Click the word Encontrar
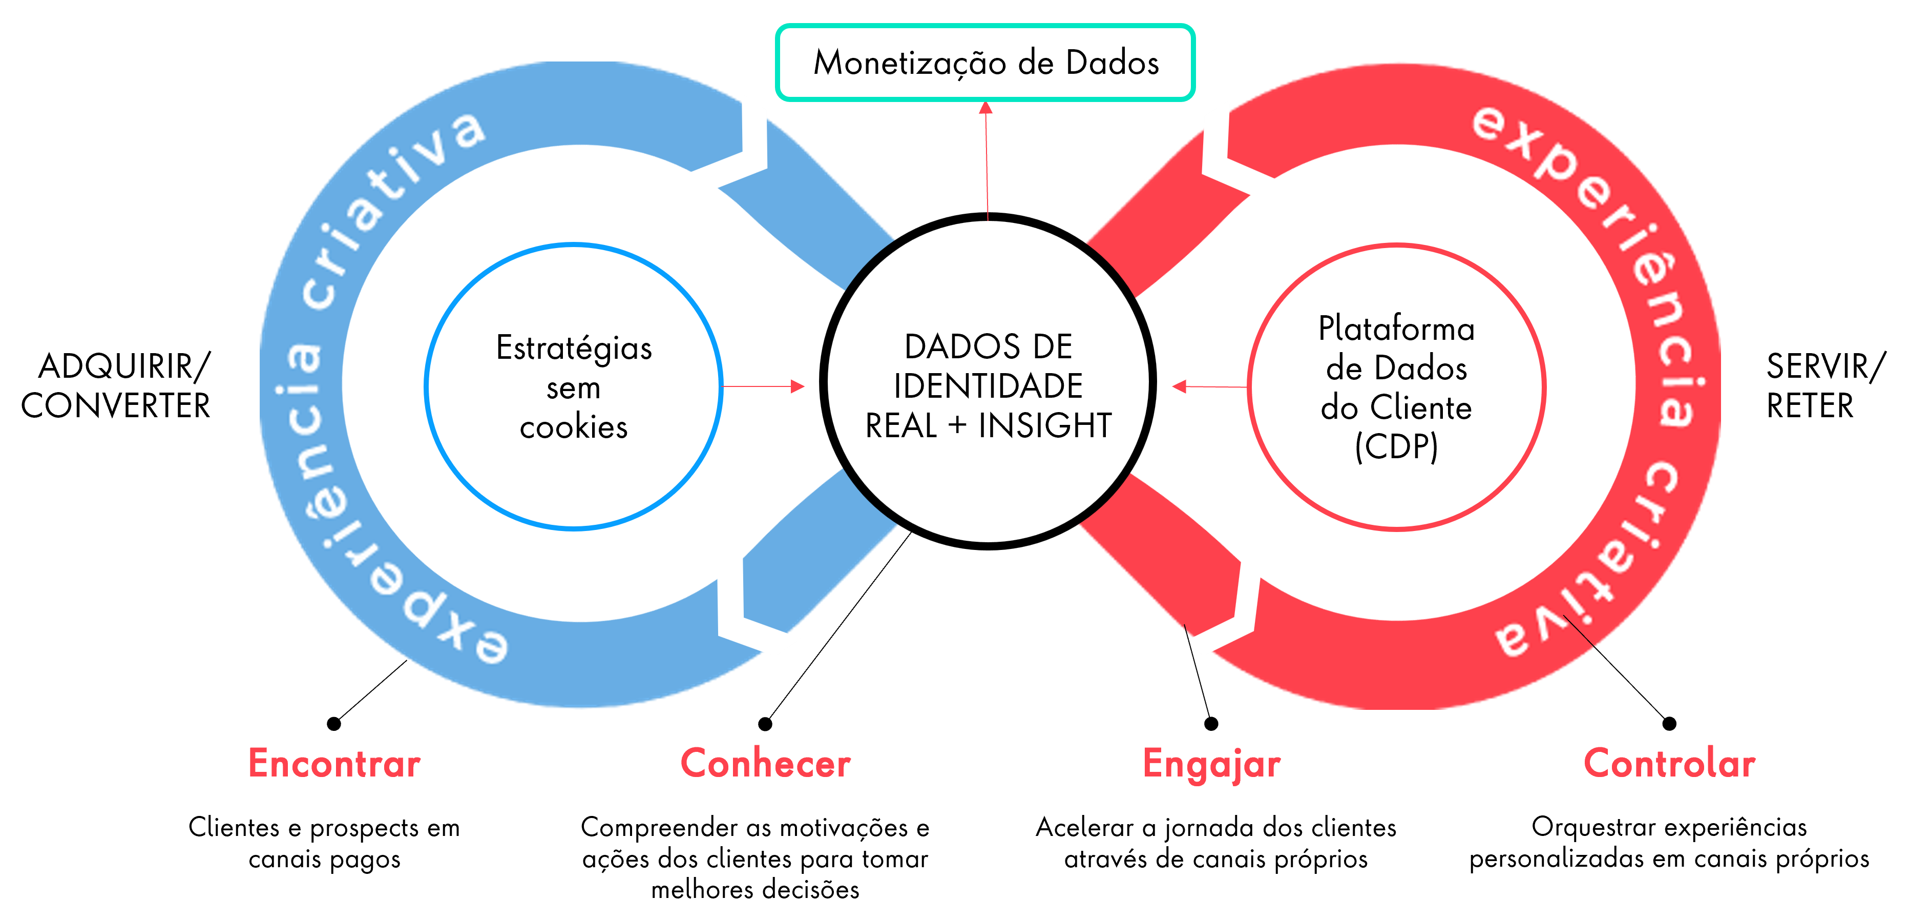pos(334,764)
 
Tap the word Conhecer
pos(766,764)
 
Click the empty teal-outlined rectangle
pos(985,62)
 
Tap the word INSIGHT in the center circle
pos(1045,425)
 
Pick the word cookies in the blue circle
pos(574,427)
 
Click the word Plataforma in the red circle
pos(1396,329)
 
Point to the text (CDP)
pos(1396,447)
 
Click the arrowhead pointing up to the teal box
pos(985,108)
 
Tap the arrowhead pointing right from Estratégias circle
pos(798,386)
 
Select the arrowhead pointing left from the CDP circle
pos(1180,386)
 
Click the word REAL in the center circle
pos(901,425)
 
